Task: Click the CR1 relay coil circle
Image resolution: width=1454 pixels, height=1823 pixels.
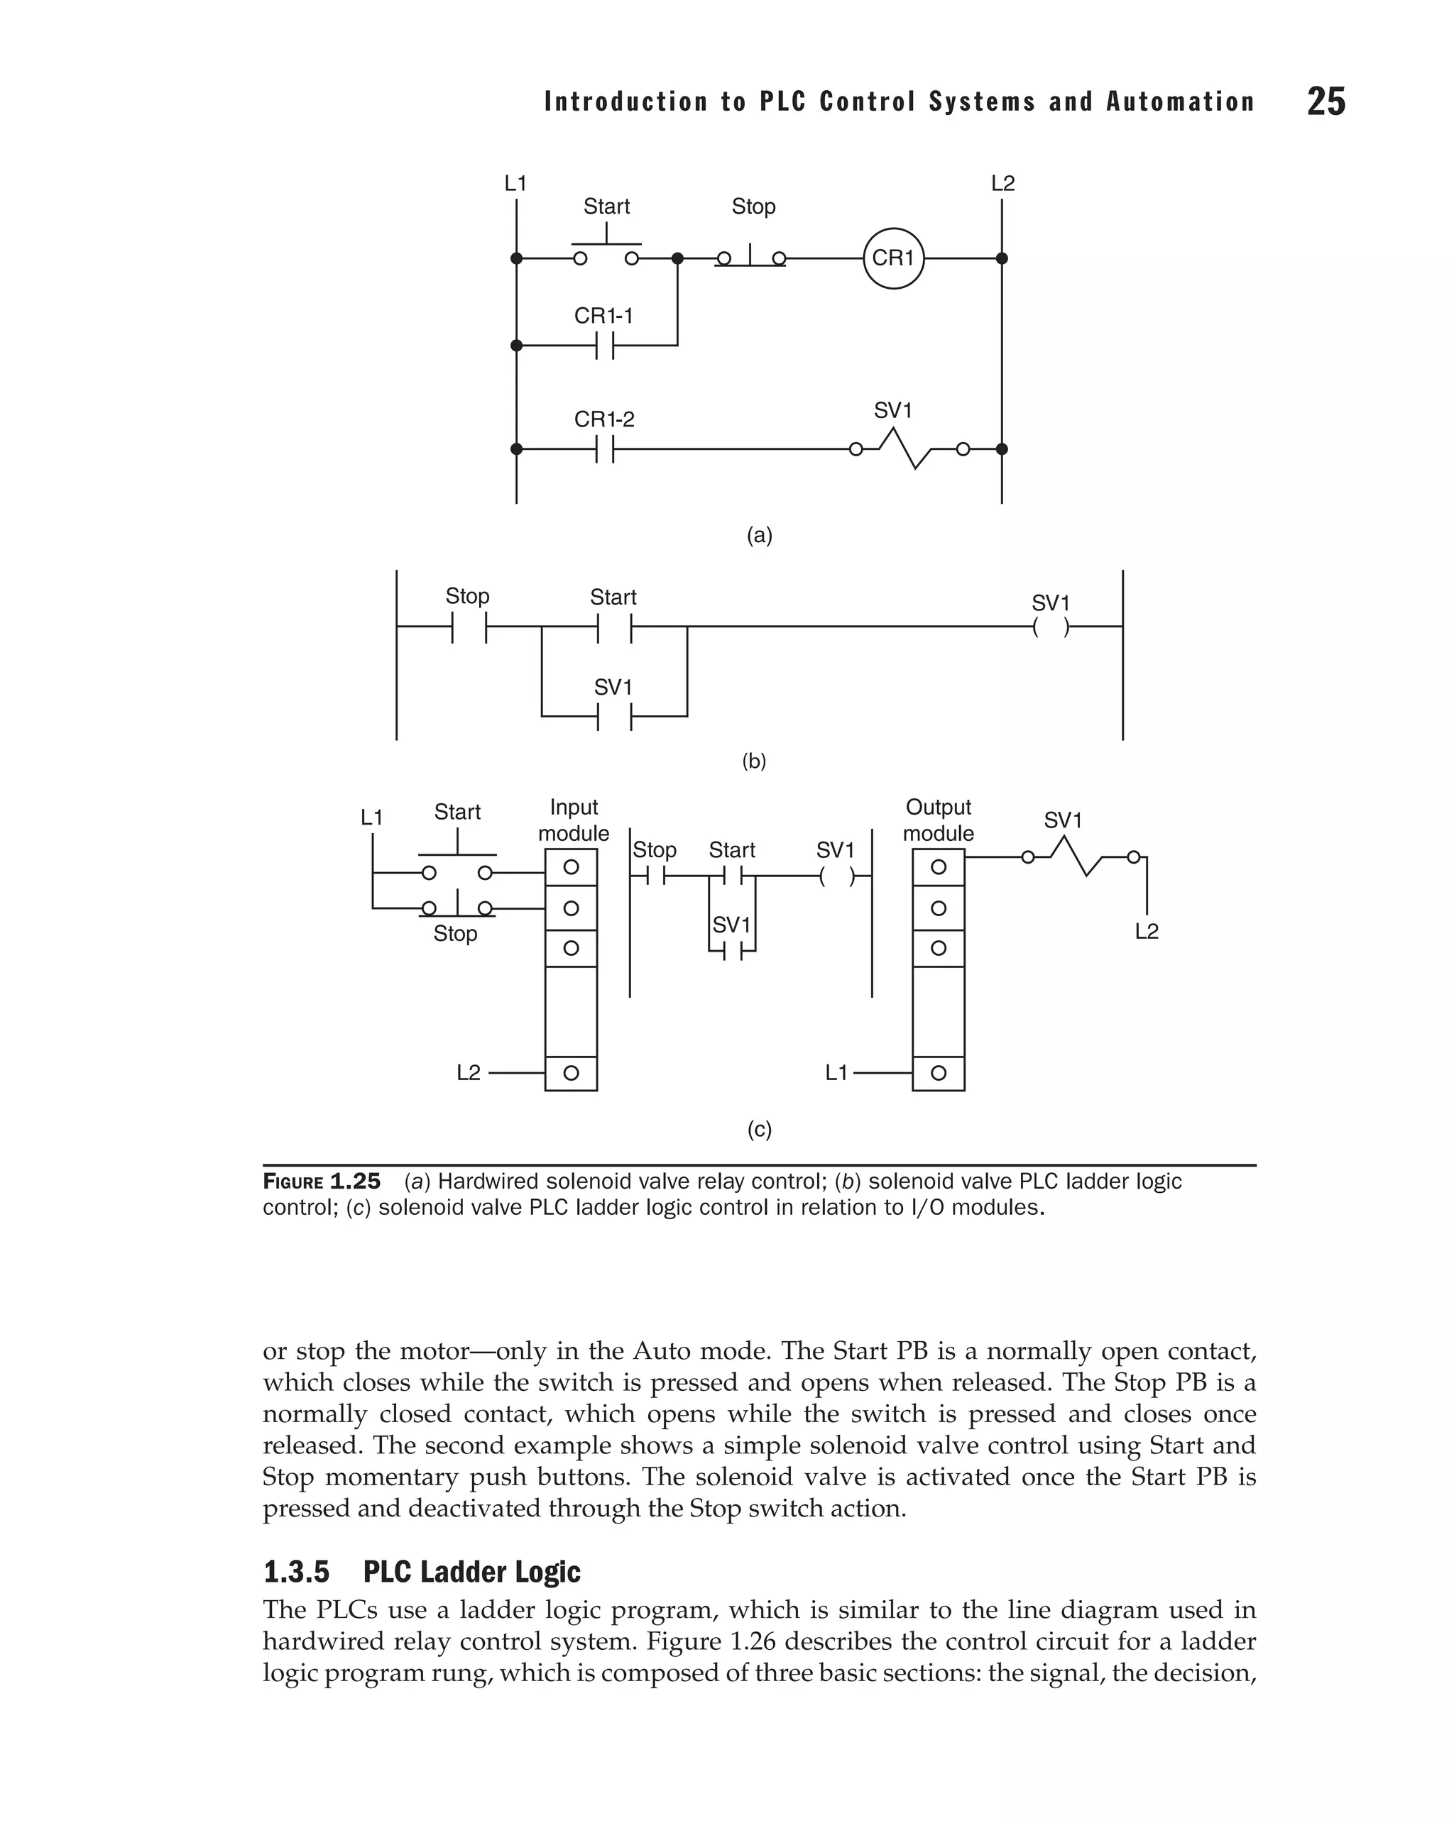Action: click(x=893, y=258)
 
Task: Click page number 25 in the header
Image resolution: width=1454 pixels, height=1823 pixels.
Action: click(x=1325, y=101)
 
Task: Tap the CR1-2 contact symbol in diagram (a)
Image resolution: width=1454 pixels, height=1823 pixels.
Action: click(x=605, y=449)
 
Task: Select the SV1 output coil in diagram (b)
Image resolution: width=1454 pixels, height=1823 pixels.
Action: click(x=1051, y=627)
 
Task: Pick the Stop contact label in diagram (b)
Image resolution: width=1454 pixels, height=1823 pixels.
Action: click(x=467, y=596)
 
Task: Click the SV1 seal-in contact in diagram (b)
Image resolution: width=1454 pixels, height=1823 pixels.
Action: click(x=615, y=717)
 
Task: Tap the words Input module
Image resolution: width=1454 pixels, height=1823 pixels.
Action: click(x=574, y=820)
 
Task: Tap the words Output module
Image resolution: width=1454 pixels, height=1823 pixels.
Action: click(x=938, y=820)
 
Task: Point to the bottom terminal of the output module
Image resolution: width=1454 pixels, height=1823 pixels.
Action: click(x=938, y=1073)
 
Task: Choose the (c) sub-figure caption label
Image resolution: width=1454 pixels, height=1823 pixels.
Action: click(x=759, y=1130)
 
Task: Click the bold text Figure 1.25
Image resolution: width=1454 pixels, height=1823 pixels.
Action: click(x=322, y=1182)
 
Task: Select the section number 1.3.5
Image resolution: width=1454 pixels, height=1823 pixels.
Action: click(x=296, y=1573)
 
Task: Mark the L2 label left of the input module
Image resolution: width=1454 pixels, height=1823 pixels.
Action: click(x=468, y=1073)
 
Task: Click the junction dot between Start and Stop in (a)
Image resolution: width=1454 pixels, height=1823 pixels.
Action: click(x=677, y=258)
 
